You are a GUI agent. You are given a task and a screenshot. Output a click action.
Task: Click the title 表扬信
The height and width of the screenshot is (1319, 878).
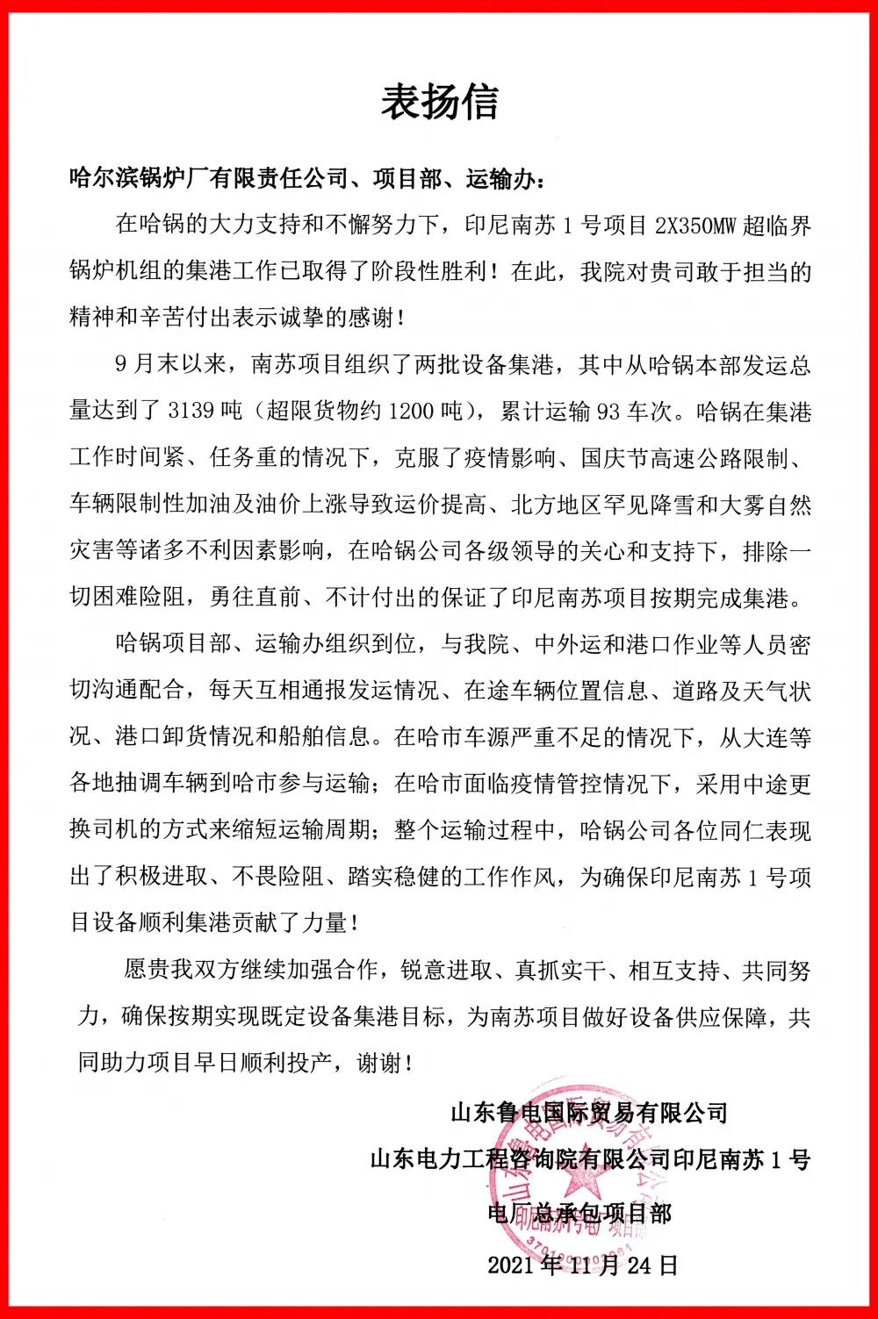pos(439,103)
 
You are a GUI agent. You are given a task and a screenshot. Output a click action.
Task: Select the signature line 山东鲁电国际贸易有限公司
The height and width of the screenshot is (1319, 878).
pos(589,1113)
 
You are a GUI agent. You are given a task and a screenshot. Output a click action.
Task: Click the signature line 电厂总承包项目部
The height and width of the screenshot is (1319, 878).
pos(579,1213)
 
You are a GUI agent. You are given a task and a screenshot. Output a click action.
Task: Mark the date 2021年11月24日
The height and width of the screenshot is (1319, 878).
pos(583,1265)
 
